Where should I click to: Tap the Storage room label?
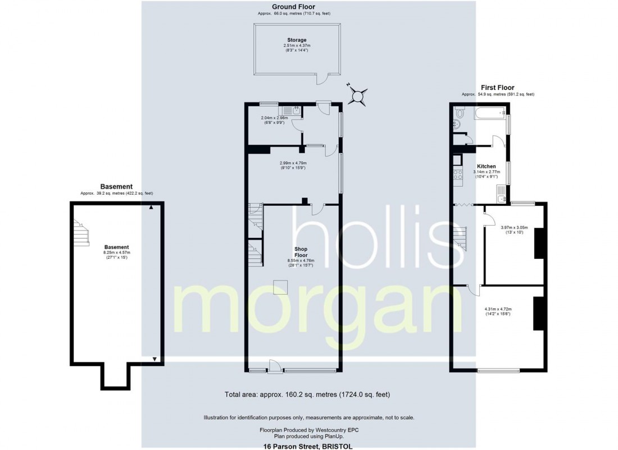point(297,40)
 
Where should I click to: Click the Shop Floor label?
point(301,252)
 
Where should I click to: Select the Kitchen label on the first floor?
point(486,166)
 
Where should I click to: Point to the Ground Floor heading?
point(293,7)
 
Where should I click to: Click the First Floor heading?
point(497,88)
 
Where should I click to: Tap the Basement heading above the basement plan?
point(116,187)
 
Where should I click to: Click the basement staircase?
point(81,233)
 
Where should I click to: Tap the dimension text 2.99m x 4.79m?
point(293,163)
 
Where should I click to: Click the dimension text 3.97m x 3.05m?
point(514,227)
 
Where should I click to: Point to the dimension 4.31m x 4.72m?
point(498,309)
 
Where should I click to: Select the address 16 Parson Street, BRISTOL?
point(308,446)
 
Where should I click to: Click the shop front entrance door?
point(275,367)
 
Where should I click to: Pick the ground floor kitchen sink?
point(289,110)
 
